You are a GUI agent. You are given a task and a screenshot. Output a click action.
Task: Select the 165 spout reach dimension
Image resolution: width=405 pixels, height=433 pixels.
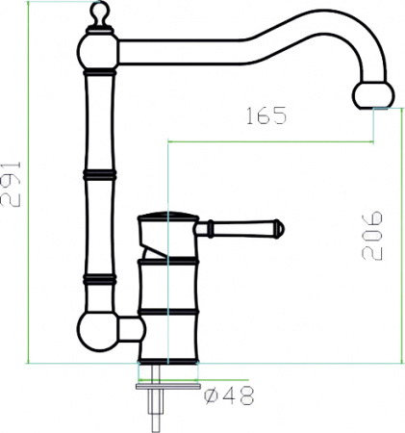coord(266,116)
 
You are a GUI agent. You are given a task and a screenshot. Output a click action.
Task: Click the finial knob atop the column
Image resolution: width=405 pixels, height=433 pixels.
coord(98,13)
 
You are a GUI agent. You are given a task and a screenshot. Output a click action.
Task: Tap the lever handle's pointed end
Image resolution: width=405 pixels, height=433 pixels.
coord(280,228)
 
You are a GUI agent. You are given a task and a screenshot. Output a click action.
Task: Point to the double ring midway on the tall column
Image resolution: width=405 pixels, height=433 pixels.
coord(99,175)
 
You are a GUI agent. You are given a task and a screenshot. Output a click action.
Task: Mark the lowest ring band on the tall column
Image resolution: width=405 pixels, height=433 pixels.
coord(99,280)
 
